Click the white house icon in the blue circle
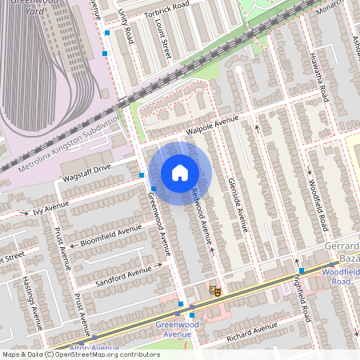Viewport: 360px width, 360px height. (x=180, y=173)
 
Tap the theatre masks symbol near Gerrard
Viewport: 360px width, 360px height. (x=214, y=290)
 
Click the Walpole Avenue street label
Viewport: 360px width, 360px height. (x=213, y=124)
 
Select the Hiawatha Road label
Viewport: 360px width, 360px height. (x=318, y=77)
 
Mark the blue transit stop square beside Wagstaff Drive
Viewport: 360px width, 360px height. (x=142, y=174)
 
